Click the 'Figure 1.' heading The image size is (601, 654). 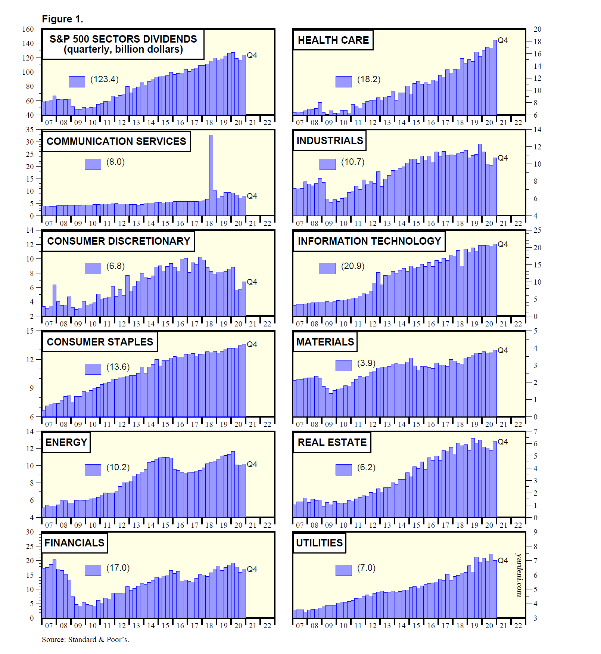click(62, 19)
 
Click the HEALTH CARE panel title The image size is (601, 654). click(333, 40)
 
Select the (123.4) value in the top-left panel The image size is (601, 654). click(105, 79)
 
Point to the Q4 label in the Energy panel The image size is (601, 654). click(252, 464)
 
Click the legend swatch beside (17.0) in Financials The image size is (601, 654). click(93, 570)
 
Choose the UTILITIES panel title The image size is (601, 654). click(319, 543)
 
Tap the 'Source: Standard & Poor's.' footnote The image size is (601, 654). click(85, 639)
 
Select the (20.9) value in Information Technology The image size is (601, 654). click(353, 266)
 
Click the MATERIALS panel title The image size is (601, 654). click(325, 342)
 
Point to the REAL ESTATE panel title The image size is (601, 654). click(332, 442)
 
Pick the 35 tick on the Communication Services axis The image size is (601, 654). click(30, 130)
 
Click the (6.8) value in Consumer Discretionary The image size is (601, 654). click(115, 266)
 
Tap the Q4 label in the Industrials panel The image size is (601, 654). click(503, 158)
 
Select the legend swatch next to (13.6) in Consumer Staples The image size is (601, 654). click(93, 369)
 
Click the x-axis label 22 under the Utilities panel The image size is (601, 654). click(518, 626)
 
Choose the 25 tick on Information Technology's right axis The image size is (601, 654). click(537, 230)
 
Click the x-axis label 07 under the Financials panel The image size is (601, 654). click(49, 626)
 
